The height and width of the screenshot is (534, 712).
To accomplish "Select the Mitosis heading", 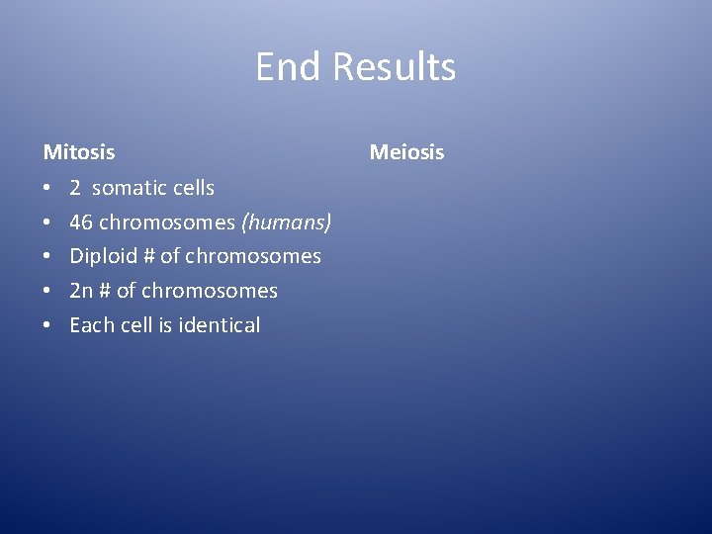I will click(79, 152).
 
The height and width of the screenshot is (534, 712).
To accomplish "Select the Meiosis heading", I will click(406, 152).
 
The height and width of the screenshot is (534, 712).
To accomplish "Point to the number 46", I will click(81, 222).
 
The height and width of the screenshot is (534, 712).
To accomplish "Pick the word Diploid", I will click(104, 257).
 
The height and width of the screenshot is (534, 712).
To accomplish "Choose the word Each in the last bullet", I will click(92, 325).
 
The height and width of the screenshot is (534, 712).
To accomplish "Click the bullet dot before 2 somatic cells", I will click(47, 188).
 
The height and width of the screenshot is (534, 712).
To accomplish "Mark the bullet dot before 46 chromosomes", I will click(47, 222).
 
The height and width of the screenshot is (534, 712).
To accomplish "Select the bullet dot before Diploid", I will click(47, 257).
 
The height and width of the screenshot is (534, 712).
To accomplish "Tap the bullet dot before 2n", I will click(47, 292).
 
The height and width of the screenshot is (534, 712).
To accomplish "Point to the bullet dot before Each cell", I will click(47, 326).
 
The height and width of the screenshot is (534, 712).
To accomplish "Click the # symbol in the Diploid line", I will click(148, 257).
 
